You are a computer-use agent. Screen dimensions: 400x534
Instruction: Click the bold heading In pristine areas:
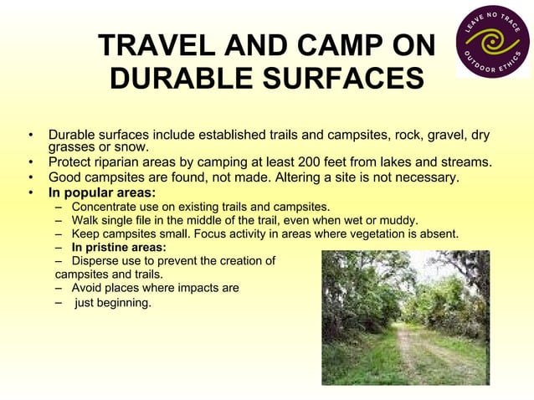point(118,247)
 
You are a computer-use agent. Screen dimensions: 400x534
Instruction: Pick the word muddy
point(401,220)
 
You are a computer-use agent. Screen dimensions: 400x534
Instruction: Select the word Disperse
point(95,260)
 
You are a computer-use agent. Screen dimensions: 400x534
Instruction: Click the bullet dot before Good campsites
point(30,177)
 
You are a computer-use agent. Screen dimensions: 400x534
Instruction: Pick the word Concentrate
point(106,207)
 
